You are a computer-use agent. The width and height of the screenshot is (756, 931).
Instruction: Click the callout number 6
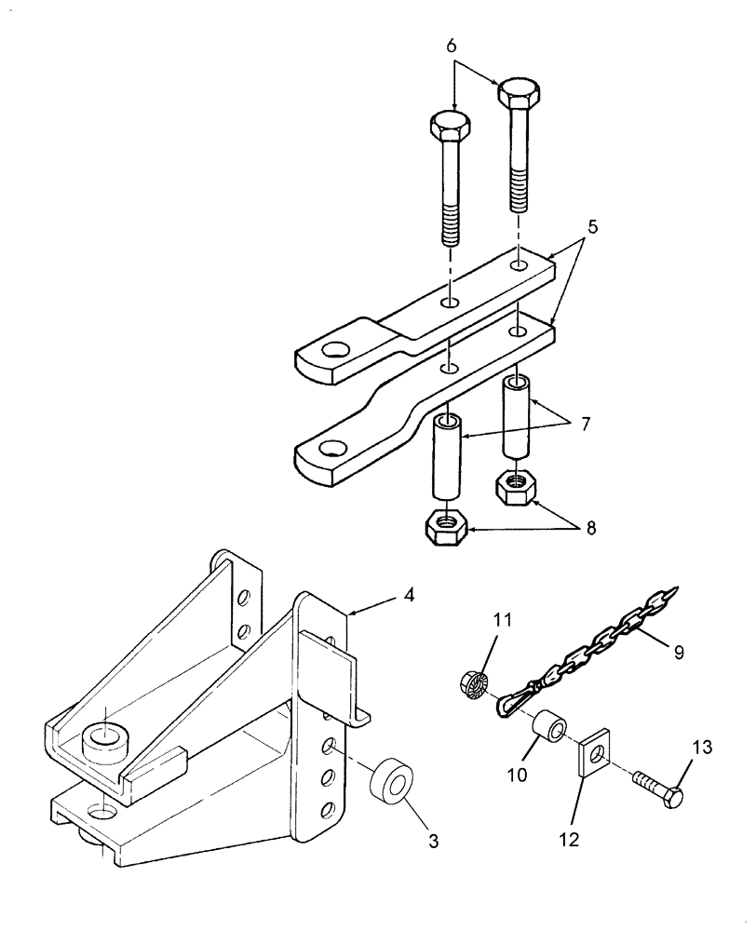[452, 45]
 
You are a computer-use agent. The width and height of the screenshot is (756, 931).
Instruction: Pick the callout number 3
[406, 842]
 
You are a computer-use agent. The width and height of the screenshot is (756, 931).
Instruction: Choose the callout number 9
[679, 652]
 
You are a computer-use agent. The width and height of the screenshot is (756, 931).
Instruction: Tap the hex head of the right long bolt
[519, 90]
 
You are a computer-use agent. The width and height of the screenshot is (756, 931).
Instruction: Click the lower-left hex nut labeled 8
[448, 528]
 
